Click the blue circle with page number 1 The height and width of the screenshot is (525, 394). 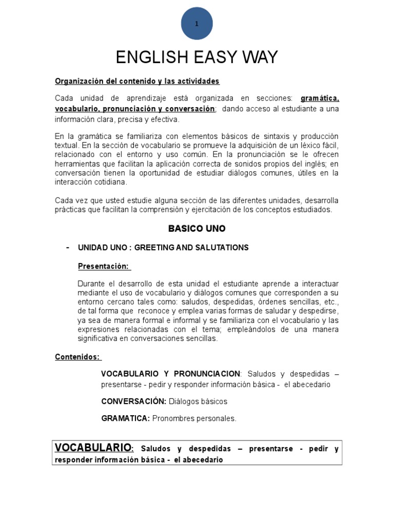[x=197, y=24]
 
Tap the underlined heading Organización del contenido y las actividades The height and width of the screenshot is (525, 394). [x=137, y=82]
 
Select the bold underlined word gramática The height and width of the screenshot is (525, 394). [x=320, y=98]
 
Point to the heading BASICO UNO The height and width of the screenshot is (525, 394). [x=197, y=229]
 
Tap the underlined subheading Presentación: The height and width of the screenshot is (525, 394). [x=104, y=266]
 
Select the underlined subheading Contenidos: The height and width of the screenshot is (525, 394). [x=78, y=357]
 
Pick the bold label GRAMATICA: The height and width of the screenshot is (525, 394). [x=126, y=418]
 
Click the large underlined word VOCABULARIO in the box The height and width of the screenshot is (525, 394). [x=93, y=448]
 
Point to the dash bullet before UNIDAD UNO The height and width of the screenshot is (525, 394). [x=68, y=247]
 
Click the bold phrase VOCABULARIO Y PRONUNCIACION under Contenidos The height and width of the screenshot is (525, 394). [x=170, y=373]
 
